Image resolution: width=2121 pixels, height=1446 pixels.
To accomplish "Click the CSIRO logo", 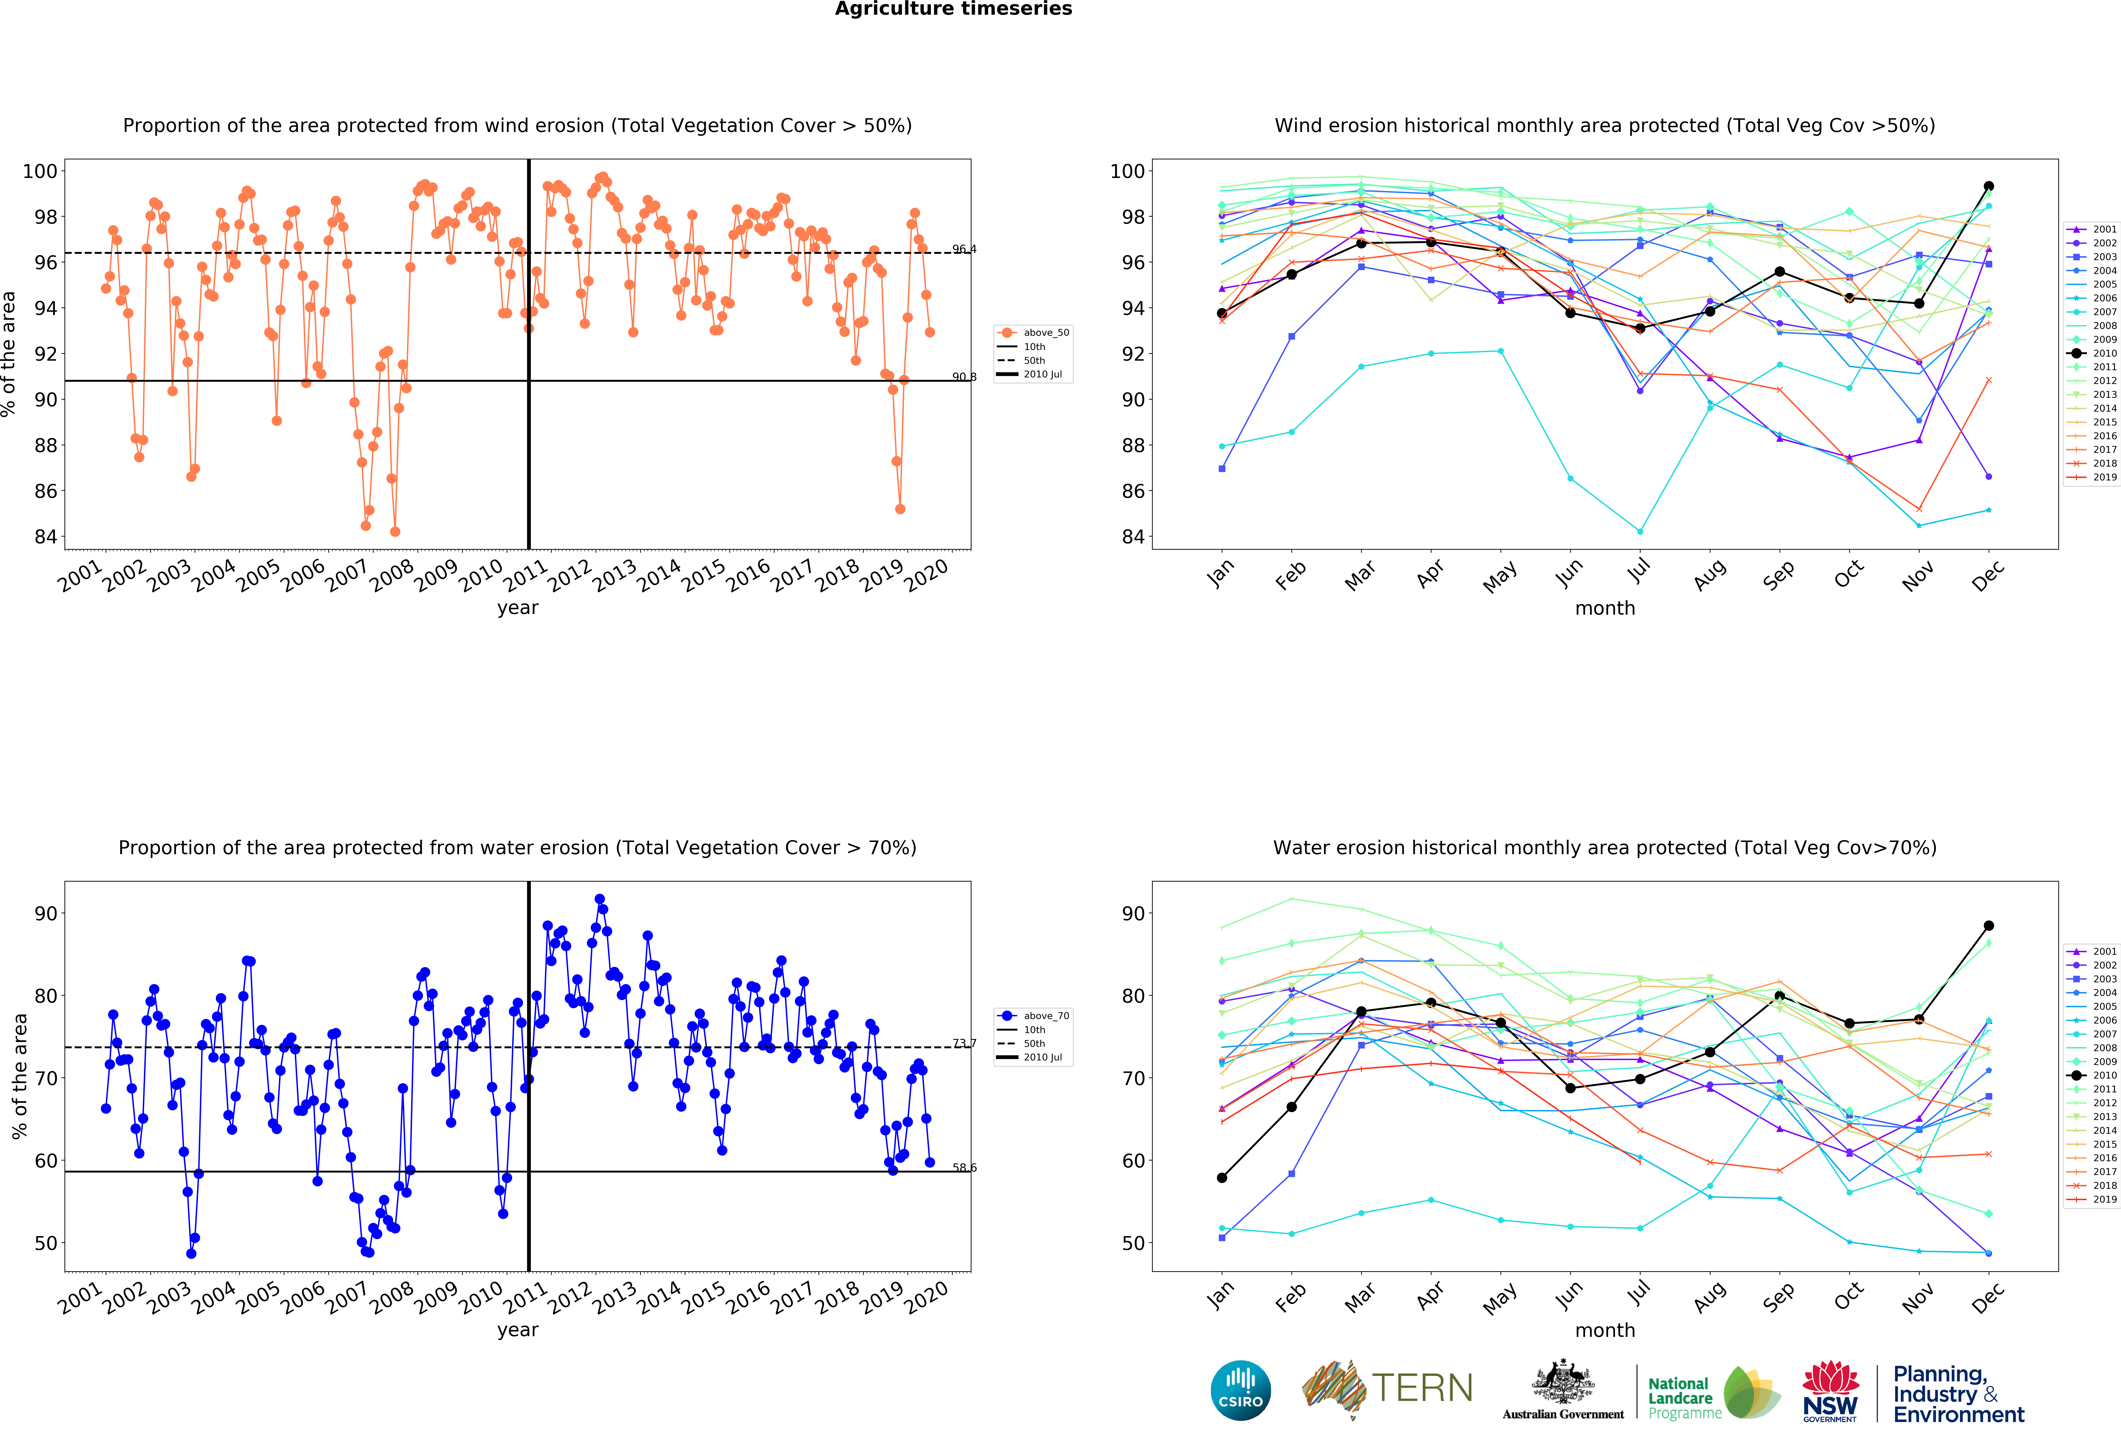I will pos(1240,1390).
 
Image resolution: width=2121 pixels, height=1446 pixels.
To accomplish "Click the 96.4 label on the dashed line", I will pos(964,249).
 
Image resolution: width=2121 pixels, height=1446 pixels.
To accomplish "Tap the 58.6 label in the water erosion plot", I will pos(964,1168).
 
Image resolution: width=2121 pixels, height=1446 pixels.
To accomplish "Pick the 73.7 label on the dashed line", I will pos(964,1043).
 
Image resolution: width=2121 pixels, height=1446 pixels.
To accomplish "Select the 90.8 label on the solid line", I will pos(964,377).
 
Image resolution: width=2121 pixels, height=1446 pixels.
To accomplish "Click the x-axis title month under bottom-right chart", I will pos(1604,1330).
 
